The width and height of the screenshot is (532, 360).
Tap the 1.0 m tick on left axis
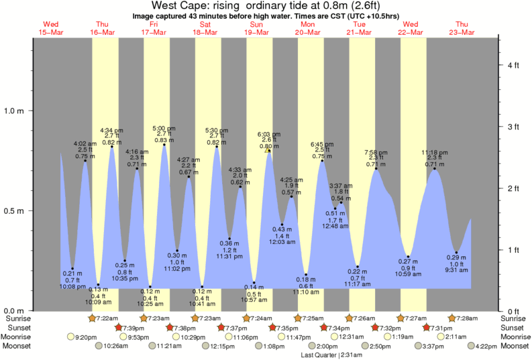pyautogui.click(x=15, y=111)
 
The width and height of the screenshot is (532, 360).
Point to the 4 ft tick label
pyautogui.click(x=513, y=65)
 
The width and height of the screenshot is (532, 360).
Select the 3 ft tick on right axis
pyautogui.click(x=513, y=127)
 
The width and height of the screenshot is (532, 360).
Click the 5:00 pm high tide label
pyautogui.click(x=164, y=129)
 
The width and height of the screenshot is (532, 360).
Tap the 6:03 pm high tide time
pyautogui.click(x=269, y=135)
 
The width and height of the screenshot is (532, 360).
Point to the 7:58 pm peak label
pyautogui.click(x=376, y=152)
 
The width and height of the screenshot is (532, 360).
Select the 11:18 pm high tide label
pyautogui.click(x=435, y=152)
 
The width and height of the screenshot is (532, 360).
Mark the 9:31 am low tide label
pyautogui.click(x=456, y=270)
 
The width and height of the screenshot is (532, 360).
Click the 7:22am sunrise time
pyautogui.click(x=107, y=318)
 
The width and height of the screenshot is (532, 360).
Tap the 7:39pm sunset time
pyautogui.click(x=133, y=327)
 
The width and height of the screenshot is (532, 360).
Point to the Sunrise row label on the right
pyautogui.click(x=515, y=318)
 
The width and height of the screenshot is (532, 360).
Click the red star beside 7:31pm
pyautogui.click(x=427, y=327)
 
